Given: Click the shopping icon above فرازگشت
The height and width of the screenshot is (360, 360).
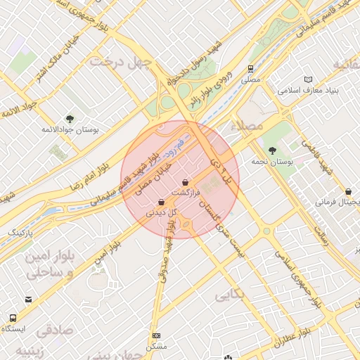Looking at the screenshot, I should coord(186,182).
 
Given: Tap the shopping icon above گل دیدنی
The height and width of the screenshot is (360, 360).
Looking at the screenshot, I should coord(162,202).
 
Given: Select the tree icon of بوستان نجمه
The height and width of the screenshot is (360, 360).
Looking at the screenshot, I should coord(272,150).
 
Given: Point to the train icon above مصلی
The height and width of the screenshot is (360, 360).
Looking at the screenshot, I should coord(251,69).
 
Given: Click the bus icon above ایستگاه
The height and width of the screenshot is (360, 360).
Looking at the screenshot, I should coord(13,317).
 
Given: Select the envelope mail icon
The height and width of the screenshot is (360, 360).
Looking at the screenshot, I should coord(28,300).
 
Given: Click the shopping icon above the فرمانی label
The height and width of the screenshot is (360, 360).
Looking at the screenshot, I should coord(348,191).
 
